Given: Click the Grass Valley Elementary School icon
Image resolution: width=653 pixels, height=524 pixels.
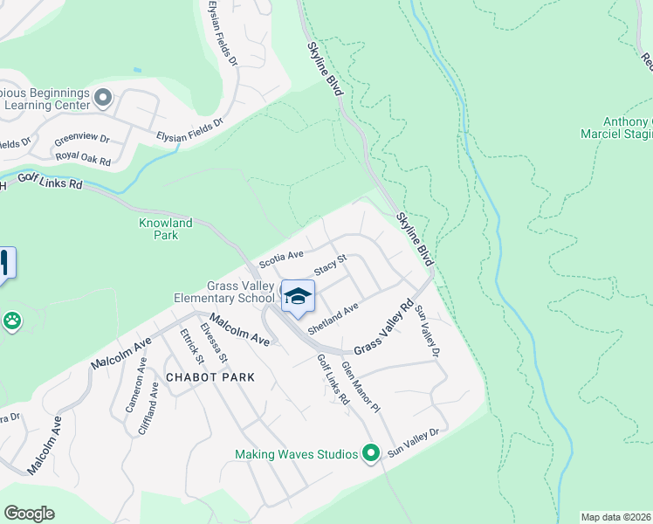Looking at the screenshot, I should click(298, 297).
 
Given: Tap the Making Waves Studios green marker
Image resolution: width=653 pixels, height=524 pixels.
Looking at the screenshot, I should click(370, 453).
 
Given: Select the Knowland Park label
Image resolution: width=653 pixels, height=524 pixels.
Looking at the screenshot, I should click(159, 229).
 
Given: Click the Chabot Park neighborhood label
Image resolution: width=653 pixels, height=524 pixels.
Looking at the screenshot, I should click(210, 377).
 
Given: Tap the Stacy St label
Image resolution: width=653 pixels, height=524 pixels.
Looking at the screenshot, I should click(331, 265).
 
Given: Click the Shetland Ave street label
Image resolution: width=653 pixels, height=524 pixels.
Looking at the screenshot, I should click(333, 317).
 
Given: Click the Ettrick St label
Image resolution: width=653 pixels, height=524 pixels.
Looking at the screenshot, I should click(191, 346).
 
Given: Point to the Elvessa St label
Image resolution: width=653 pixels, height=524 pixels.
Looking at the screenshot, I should click(214, 342).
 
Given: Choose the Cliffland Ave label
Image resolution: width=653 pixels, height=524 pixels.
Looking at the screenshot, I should click(148, 412).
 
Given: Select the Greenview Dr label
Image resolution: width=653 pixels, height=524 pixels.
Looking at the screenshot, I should click(81, 139).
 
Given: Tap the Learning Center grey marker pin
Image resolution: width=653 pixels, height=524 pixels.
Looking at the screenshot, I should click(103, 97).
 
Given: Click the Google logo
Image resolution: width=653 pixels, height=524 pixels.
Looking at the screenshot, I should click(29, 513).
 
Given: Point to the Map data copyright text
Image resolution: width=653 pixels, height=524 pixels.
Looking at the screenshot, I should click(615, 517).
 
